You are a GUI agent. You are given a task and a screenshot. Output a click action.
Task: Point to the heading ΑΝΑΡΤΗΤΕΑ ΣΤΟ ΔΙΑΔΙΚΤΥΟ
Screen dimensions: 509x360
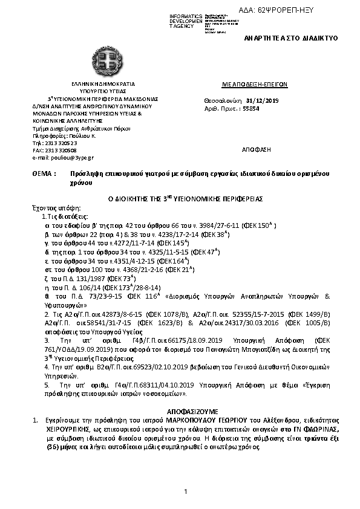pyautogui.click(x=294, y=37)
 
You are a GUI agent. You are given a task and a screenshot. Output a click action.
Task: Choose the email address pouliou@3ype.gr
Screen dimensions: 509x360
pyautogui.click(x=67, y=157)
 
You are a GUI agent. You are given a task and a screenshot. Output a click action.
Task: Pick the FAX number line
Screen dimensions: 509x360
pyautogui.click(x=55, y=149)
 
